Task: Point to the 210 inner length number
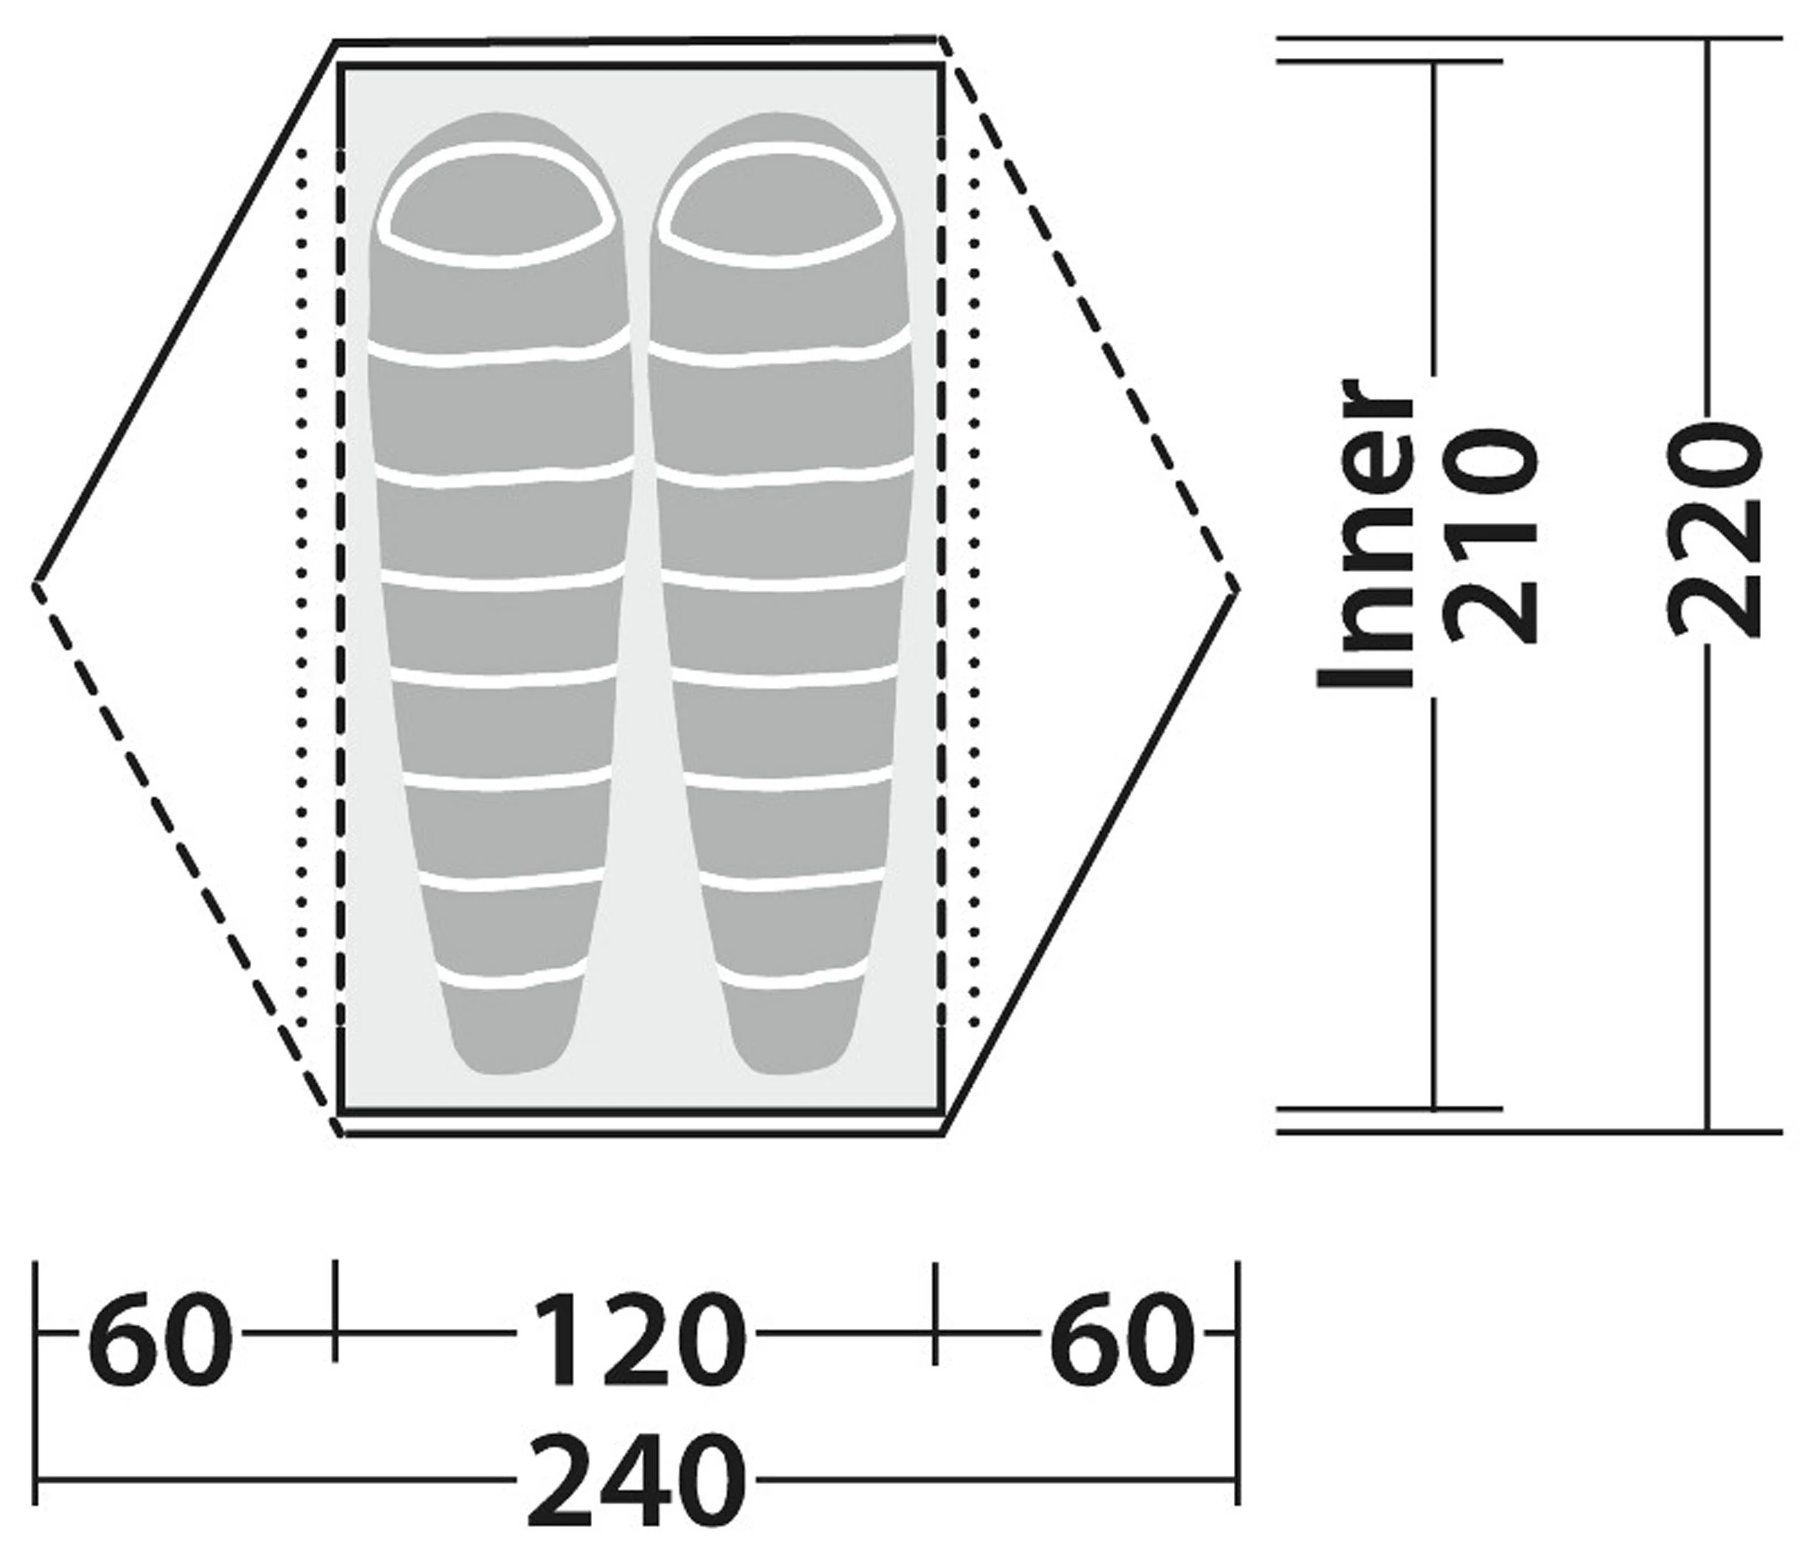1491,536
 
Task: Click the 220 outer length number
1713,531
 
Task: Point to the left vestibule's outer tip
35,585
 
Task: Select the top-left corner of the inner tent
341,66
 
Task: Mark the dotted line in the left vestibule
302,585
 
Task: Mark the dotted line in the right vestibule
974,585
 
